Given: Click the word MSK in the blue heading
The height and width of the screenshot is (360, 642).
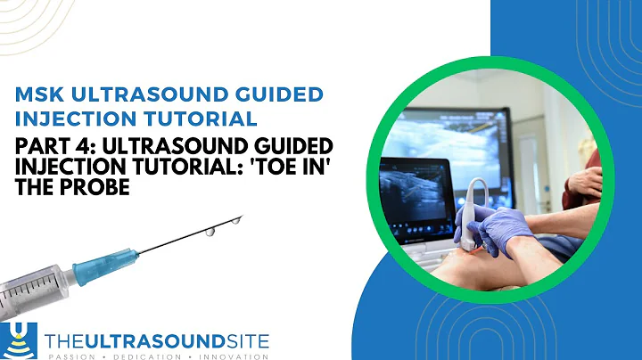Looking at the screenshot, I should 43,94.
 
